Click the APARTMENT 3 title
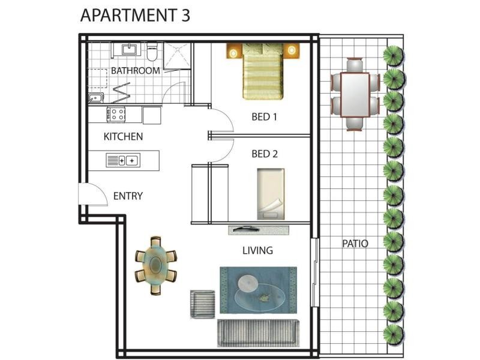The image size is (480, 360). pos(135,16)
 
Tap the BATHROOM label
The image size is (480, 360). pos(136,71)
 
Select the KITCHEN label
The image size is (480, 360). pos(123,137)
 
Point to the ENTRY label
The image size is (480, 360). pos(128,196)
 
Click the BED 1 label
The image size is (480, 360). pos(264,116)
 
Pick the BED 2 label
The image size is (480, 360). pos(265,154)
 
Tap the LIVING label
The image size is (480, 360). pos(257,250)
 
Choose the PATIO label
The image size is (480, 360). pos(355,244)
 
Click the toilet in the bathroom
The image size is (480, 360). pos(152,52)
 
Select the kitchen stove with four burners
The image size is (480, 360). pos(116,114)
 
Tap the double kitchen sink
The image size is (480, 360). pos(123,160)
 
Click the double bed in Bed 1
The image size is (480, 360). pos(263,71)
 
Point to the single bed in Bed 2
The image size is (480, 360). pos(271,194)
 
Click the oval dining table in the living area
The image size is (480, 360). pos(156,265)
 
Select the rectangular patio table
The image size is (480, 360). pos(355,95)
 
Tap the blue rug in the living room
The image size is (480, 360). pos(259,290)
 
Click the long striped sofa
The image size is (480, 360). pos(258,333)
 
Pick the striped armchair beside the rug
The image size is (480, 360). pos(202,304)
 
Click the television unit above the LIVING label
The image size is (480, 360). pos(259,230)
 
